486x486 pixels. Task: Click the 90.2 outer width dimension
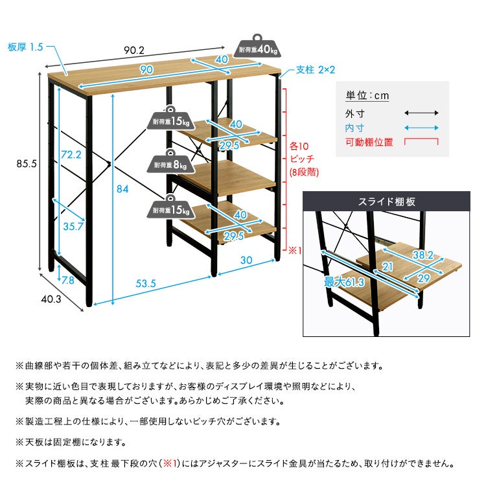click(x=135, y=49)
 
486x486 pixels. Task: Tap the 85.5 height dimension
click(x=26, y=164)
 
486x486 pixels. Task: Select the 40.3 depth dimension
click(x=51, y=300)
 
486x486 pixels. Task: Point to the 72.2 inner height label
click(x=71, y=154)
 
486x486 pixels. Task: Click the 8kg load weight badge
click(x=172, y=165)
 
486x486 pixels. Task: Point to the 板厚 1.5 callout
click(x=25, y=47)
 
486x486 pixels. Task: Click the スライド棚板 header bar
click(x=387, y=202)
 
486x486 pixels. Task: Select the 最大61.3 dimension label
click(x=343, y=282)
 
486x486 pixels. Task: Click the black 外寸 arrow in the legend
click(x=422, y=113)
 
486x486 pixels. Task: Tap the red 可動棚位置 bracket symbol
click(x=421, y=141)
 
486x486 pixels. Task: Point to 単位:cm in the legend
click(x=367, y=95)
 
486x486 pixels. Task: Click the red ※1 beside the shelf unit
click(x=295, y=248)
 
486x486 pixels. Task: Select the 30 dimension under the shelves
click(x=246, y=259)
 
